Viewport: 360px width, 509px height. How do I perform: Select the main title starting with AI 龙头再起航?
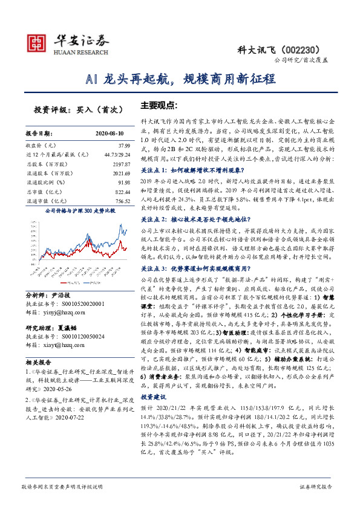[180, 79]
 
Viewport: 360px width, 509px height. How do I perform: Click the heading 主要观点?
[159, 105]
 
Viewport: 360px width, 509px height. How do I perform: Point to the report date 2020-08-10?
[110, 132]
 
